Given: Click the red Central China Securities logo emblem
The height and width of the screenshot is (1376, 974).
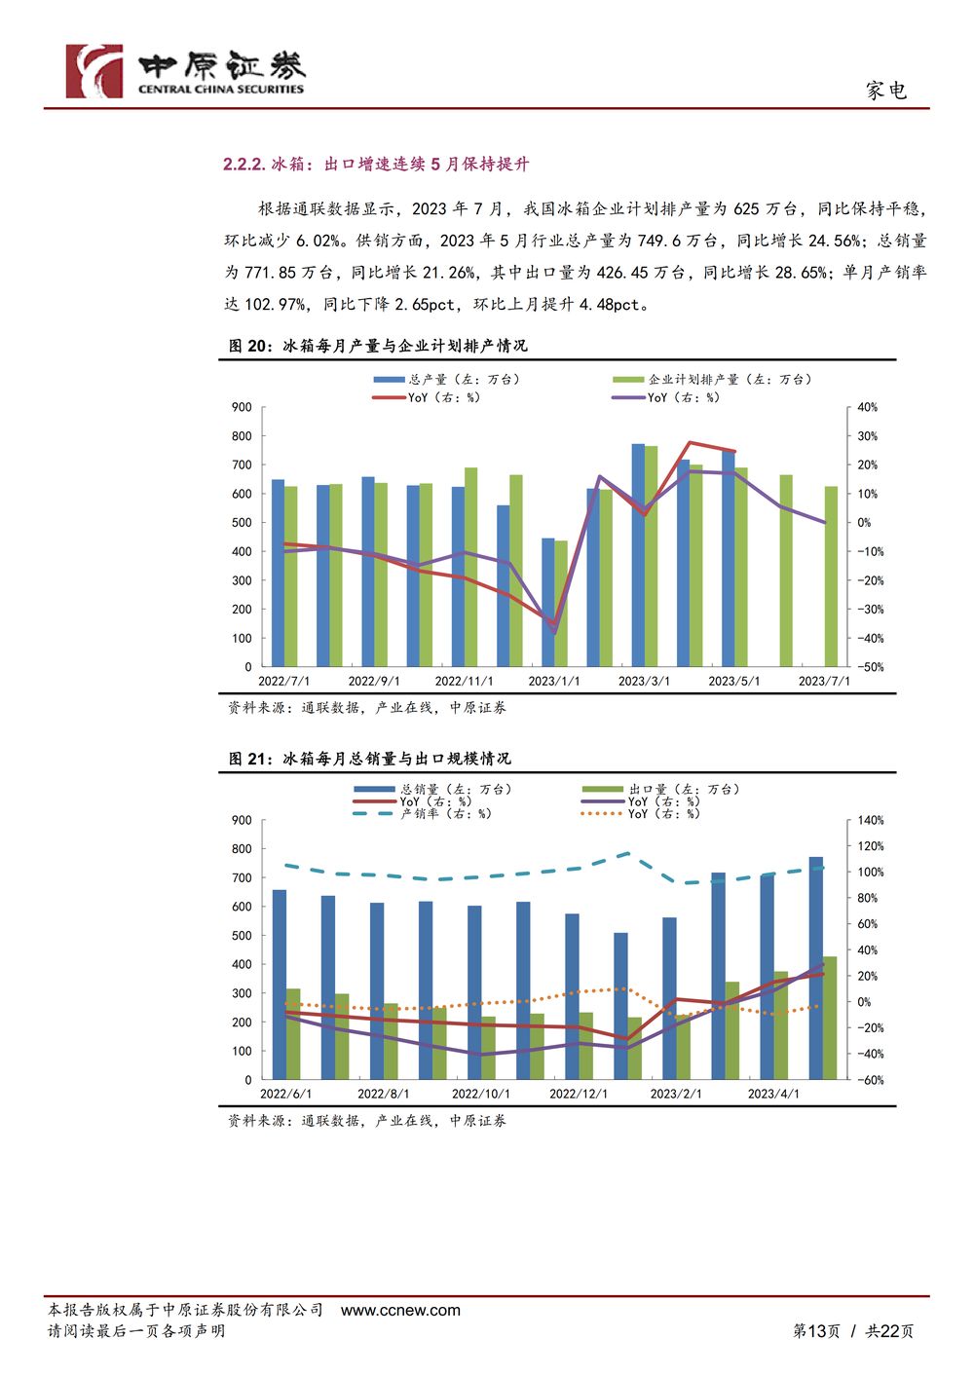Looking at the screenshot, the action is point(94,71).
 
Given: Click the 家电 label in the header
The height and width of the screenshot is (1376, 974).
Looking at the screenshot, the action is point(886,91).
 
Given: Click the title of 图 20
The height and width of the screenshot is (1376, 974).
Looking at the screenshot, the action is point(378,346).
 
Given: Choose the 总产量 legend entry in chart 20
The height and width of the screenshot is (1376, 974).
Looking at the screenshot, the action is point(447,380).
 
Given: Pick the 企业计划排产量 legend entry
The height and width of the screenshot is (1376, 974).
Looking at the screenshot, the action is point(712,380).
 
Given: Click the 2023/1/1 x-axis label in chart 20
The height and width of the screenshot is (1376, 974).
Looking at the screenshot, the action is point(553,682).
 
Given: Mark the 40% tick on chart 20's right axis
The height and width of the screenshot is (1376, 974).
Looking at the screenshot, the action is point(867,407).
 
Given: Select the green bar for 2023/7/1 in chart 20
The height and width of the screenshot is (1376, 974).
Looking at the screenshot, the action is point(831,576).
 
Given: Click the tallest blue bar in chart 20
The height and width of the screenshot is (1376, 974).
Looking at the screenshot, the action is point(638,555).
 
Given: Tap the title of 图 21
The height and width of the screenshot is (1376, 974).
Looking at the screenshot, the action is point(370,759).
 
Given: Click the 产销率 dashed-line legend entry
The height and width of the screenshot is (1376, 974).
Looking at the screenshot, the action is point(423,814).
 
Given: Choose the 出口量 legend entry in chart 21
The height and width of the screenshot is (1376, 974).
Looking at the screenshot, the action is point(660,790).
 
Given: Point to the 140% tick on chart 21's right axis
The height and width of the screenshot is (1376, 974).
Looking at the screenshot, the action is point(870,820).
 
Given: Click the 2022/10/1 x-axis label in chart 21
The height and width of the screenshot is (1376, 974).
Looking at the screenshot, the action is point(480,1094).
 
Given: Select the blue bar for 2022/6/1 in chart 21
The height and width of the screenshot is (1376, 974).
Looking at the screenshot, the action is point(279,985).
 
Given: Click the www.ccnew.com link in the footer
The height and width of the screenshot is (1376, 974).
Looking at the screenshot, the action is point(400,1310).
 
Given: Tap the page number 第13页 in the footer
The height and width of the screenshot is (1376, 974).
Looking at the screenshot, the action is point(816,1331).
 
